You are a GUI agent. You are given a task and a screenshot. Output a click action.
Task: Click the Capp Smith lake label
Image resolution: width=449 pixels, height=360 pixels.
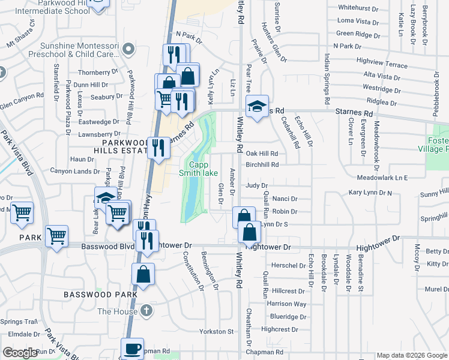coord(198,169)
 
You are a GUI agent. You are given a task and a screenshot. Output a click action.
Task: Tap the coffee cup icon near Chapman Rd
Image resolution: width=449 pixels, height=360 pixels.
coord(132,349)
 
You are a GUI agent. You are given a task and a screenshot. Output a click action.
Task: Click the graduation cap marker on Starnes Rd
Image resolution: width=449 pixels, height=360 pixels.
coord(256,107)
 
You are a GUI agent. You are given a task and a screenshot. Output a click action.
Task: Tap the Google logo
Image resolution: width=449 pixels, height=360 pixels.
coord(20,353)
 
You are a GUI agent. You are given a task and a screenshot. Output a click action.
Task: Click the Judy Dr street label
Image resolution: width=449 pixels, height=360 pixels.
coord(256,185)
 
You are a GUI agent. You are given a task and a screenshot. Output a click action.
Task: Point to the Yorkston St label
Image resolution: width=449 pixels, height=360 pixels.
coord(216,331)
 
